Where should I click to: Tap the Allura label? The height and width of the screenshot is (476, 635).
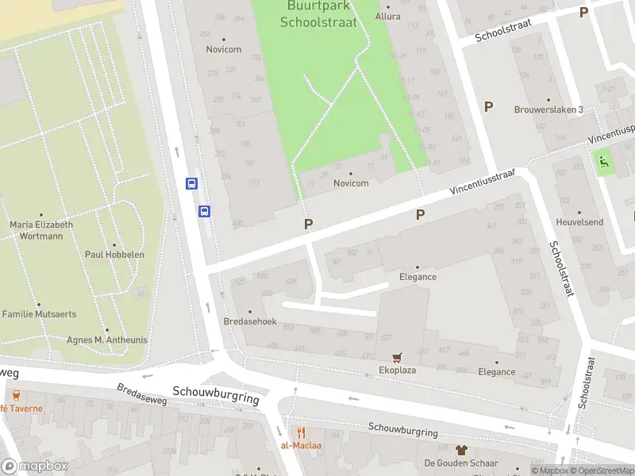(x=387, y=16)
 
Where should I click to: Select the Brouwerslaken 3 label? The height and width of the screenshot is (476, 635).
(x=548, y=109)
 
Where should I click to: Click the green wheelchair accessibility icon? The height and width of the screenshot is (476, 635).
(x=604, y=162)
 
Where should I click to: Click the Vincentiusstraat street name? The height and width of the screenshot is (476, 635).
(x=483, y=182)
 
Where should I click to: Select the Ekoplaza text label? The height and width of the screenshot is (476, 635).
(x=398, y=370)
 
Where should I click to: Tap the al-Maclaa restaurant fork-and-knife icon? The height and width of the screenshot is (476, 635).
(x=301, y=432)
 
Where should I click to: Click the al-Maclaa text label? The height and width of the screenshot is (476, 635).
(x=301, y=445)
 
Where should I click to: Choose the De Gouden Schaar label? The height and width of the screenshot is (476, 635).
(x=461, y=463)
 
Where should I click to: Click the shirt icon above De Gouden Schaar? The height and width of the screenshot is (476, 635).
(x=461, y=450)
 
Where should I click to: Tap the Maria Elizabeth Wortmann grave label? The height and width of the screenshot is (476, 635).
(x=41, y=230)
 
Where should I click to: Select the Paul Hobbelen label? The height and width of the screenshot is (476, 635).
(x=114, y=255)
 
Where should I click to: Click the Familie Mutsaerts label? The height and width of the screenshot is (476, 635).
(x=39, y=314)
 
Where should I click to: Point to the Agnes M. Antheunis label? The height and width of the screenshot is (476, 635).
(x=108, y=340)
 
